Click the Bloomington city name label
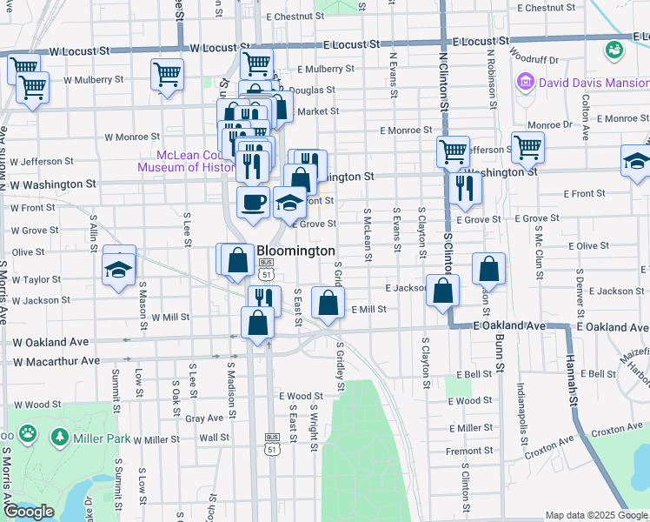(x=295, y=251)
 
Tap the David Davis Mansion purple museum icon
(x=525, y=84)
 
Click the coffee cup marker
(x=253, y=202)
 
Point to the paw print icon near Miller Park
(x=29, y=432)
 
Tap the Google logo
(x=29, y=512)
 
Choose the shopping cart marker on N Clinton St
(x=453, y=151)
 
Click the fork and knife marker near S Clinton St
(x=466, y=187)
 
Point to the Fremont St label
(x=469, y=451)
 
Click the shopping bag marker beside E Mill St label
(x=328, y=304)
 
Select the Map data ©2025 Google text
(x=597, y=515)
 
